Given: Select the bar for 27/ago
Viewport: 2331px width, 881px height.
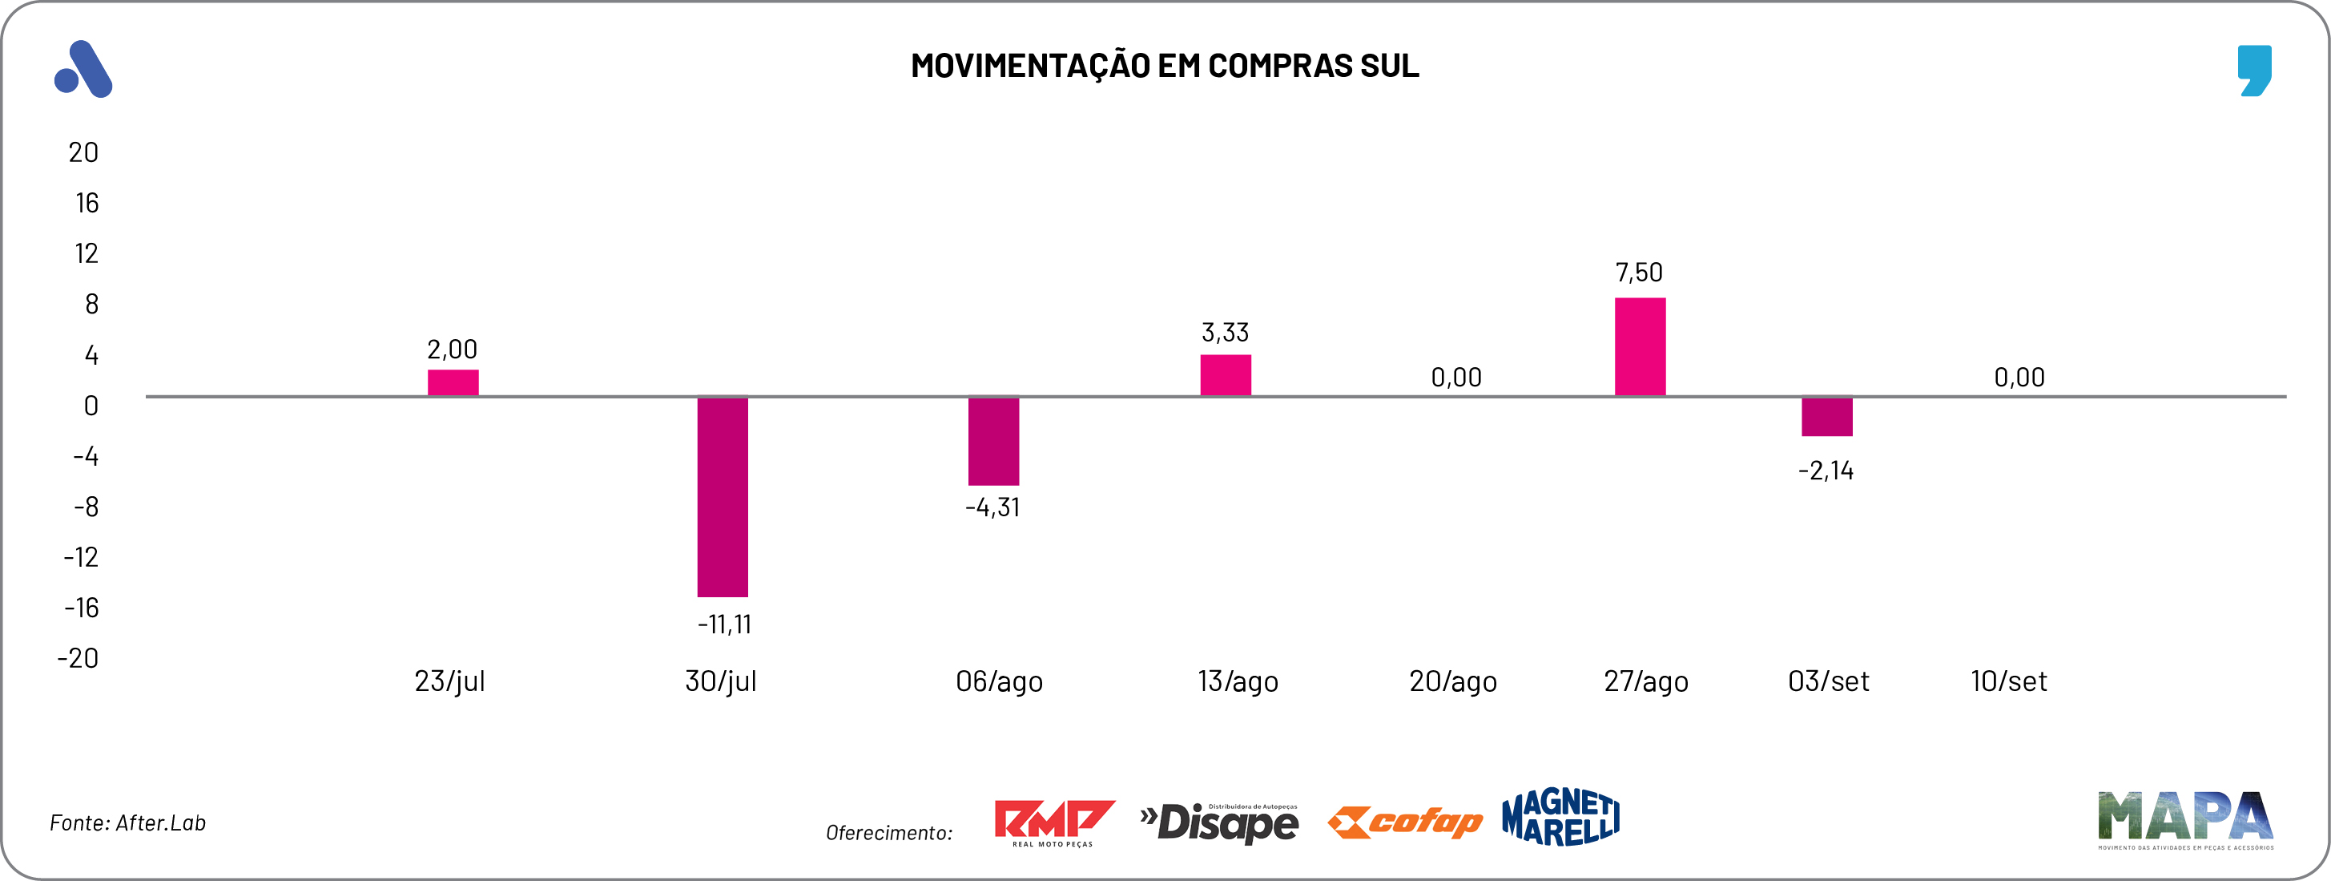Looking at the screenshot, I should click(1640, 347).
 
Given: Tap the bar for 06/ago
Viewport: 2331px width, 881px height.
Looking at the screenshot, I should click(993, 441).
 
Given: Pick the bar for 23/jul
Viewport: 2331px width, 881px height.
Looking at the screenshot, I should click(453, 383).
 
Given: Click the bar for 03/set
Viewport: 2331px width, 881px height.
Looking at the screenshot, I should click(1826, 417).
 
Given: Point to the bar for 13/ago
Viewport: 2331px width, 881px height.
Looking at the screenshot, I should click(1226, 375).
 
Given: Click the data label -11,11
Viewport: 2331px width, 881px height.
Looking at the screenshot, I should click(724, 624).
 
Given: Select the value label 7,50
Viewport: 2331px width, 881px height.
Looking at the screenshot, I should click(1639, 273).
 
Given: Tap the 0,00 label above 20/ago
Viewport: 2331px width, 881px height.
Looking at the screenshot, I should click(1456, 378).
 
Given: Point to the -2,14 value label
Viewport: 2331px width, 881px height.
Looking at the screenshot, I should click(1826, 471).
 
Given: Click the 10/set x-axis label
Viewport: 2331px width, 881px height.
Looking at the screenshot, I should click(2008, 681).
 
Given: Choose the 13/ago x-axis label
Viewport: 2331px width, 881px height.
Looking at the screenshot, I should click(1237, 681).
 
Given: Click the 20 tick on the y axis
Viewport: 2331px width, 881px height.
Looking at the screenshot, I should click(83, 152).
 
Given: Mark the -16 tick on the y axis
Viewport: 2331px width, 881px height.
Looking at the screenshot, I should click(82, 608).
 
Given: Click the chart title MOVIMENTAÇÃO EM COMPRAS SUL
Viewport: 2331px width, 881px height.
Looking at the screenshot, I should click(1165, 65).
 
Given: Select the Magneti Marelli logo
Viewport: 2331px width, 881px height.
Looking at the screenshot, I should click(1560, 817).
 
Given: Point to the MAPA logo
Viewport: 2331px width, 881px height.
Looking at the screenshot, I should click(2184, 819).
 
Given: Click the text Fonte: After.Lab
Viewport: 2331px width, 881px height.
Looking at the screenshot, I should click(127, 823).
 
